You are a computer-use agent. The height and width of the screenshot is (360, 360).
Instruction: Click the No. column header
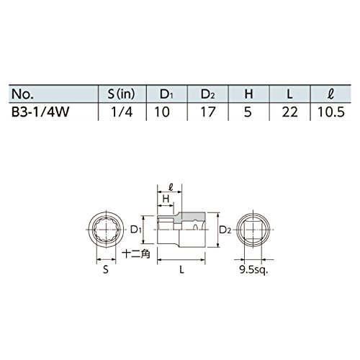(22, 94)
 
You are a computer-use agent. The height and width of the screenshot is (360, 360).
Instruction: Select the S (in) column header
(121, 94)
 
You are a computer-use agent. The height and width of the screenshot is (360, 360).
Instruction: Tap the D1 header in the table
(166, 94)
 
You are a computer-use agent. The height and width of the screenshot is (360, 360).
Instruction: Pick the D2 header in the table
(208, 94)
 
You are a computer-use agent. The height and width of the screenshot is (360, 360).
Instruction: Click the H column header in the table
(248, 94)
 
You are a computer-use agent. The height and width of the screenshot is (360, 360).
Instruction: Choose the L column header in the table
(289, 94)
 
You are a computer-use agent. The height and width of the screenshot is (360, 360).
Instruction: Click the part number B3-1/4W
(40, 112)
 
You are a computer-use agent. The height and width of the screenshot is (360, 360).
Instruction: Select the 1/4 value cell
(122, 112)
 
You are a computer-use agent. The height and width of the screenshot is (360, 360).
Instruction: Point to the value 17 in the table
(208, 112)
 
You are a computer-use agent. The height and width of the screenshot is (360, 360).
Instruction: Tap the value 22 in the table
(289, 112)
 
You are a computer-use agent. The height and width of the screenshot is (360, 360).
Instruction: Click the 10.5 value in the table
(331, 112)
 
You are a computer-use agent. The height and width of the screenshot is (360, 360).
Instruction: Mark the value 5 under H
(248, 112)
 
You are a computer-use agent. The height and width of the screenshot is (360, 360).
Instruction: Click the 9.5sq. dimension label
(253, 270)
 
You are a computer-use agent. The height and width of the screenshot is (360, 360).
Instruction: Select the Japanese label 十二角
(136, 253)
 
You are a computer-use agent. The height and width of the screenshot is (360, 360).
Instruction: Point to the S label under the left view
(106, 270)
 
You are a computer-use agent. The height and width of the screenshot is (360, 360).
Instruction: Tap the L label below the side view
(181, 270)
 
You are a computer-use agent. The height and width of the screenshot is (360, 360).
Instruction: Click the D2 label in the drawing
(225, 230)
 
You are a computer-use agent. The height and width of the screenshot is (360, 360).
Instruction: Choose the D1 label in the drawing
(136, 230)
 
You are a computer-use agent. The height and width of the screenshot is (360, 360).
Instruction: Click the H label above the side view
(166, 199)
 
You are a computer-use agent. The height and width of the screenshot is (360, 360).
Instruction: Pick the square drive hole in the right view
(253, 230)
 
